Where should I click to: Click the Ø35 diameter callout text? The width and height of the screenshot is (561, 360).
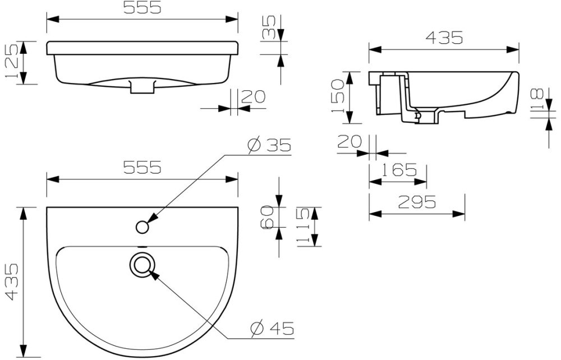(269, 145)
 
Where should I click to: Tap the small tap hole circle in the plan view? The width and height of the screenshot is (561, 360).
(142, 227)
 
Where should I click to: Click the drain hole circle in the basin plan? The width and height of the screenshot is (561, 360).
(142, 264)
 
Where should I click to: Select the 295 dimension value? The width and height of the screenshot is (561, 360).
(416, 202)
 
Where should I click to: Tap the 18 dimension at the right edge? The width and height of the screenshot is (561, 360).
(536, 100)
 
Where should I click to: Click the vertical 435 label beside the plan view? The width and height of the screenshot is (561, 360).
(12, 283)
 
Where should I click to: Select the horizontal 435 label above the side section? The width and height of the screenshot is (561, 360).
(444, 38)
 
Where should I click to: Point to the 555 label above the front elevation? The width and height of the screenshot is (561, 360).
(142, 8)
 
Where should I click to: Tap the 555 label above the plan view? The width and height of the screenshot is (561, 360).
(142, 167)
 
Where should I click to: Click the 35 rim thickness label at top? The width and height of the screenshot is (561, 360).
(269, 27)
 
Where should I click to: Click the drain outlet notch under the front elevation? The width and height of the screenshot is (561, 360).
(141, 86)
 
